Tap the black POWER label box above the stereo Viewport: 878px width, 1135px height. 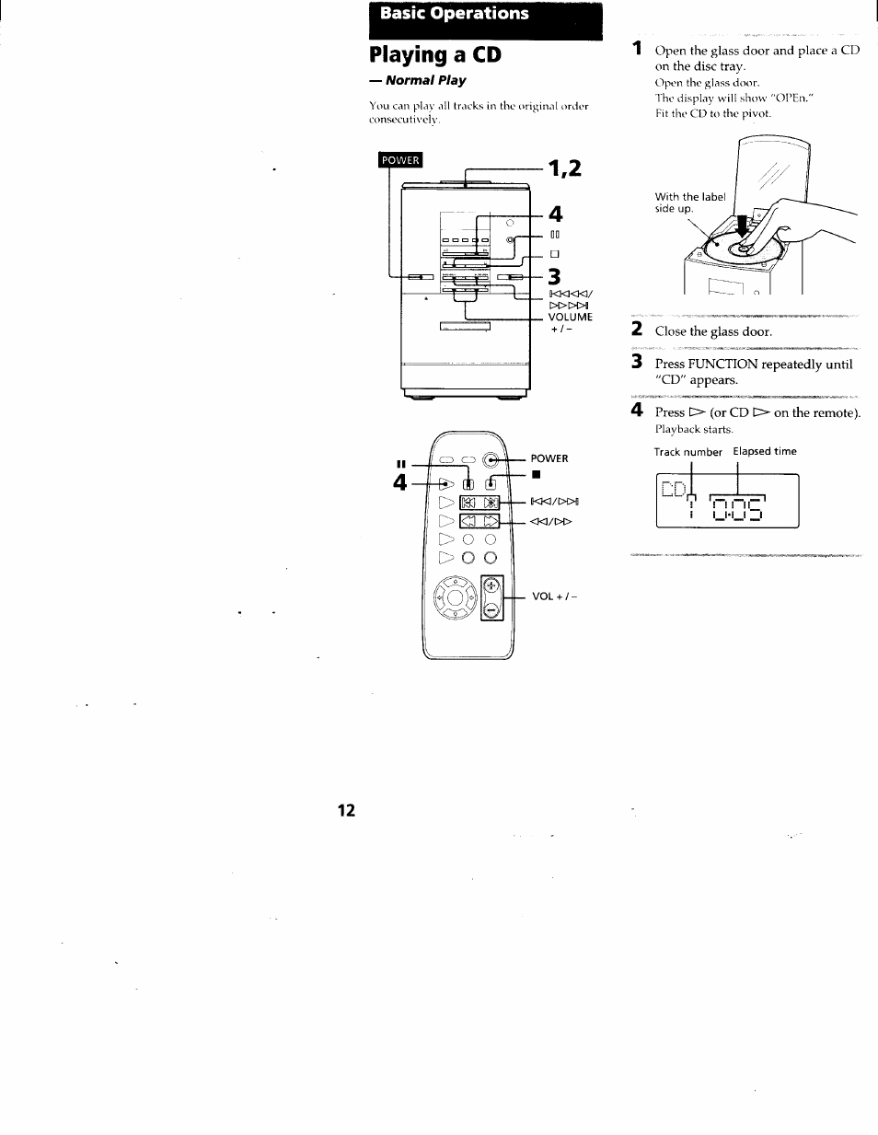[x=400, y=160]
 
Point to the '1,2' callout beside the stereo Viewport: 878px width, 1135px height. [x=564, y=168]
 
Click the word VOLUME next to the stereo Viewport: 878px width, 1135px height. [x=571, y=317]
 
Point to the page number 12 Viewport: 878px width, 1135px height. [x=346, y=810]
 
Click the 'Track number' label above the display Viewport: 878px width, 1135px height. [x=687, y=452]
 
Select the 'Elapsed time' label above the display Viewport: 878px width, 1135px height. [x=765, y=451]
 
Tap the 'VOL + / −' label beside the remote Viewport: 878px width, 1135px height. [x=554, y=596]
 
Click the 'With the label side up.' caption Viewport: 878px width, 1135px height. [x=689, y=203]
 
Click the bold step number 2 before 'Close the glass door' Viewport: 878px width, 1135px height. [x=636, y=330]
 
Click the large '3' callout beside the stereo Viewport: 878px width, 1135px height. [x=554, y=276]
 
